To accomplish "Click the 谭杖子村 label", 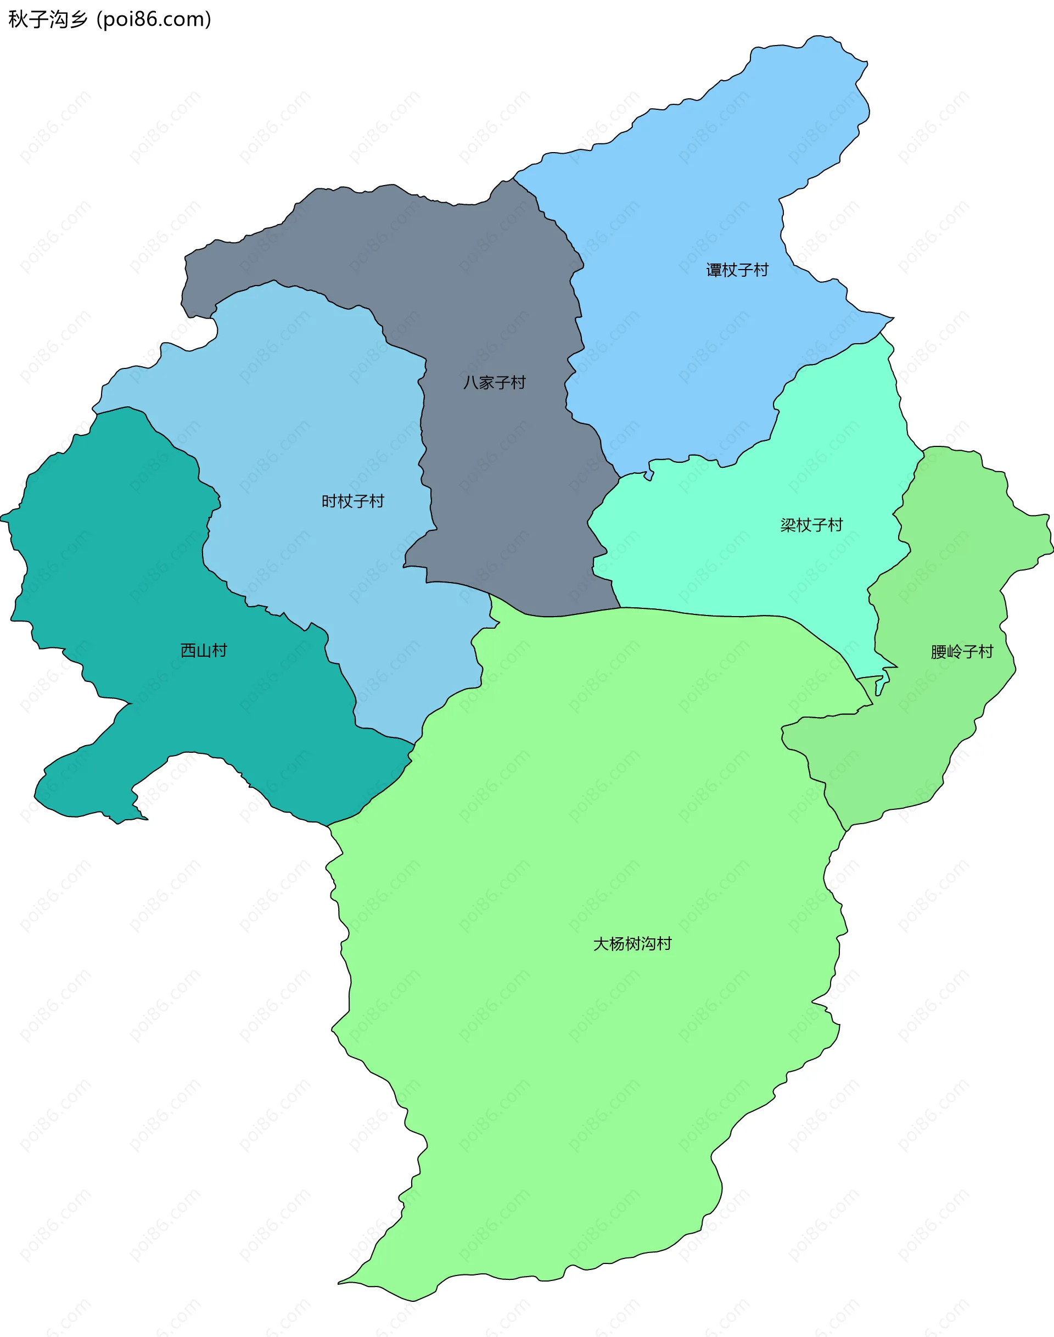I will pyautogui.click(x=737, y=270).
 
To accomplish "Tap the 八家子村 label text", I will pyautogui.click(x=494, y=383).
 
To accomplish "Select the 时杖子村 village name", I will pyautogui.click(x=352, y=501).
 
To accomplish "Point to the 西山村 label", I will pyautogui.click(x=204, y=651).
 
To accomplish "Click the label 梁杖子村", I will pyautogui.click(x=811, y=525).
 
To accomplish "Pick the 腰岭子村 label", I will pyautogui.click(x=962, y=652).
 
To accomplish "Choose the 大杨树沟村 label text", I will pyautogui.click(x=632, y=944).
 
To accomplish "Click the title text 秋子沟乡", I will pyautogui.click(x=48, y=20).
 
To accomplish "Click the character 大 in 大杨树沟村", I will pyautogui.click(x=601, y=944).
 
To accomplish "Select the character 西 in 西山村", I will pyautogui.click(x=188, y=651).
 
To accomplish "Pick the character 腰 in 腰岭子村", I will pyautogui.click(x=939, y=652).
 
